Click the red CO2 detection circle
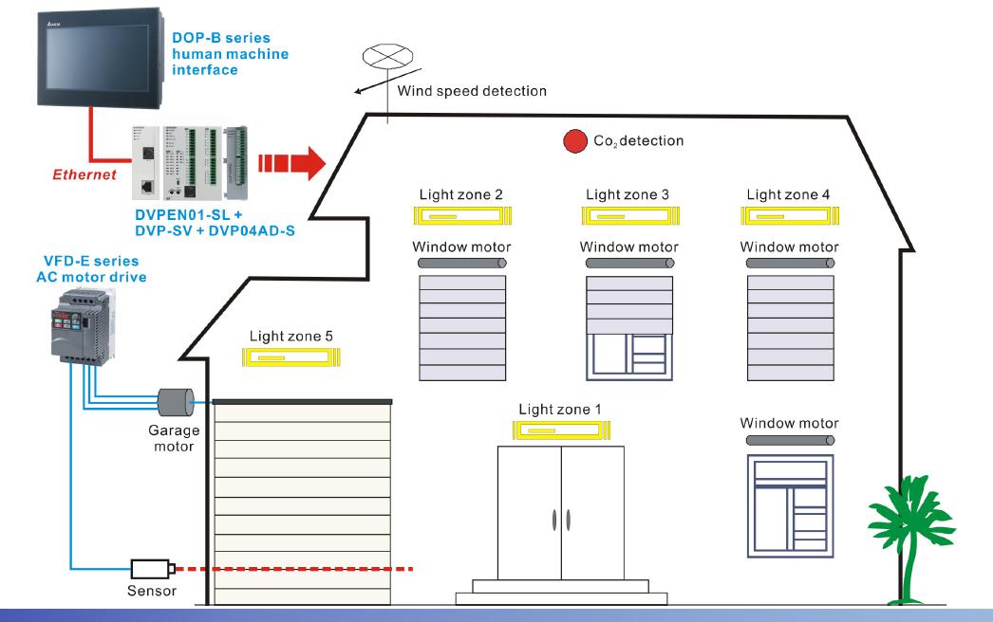pyautogui.click(x=575, y=142)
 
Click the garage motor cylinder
pyautogui.click(x=175, y=402)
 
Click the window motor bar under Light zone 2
pyautogui.click(x=460, y=262)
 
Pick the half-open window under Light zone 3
pyautogui.click(x=627, y=327)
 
